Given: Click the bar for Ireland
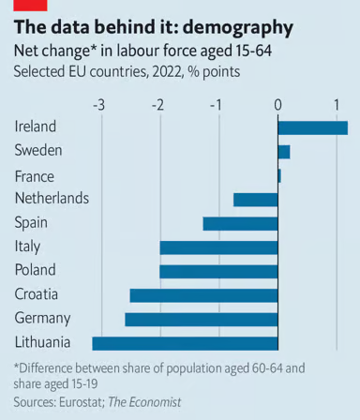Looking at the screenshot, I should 312,127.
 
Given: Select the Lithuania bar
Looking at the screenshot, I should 185,343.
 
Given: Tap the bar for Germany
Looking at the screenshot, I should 202,319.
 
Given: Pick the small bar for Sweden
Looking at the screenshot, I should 284,151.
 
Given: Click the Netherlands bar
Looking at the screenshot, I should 255,199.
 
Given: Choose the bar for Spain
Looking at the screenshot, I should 240,223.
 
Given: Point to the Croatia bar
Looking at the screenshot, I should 203,295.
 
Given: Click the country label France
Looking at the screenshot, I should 35,175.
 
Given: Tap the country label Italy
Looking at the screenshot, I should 28,247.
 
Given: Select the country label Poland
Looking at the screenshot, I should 36,271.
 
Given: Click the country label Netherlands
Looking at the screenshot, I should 52,199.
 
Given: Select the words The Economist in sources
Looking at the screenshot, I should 145,401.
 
